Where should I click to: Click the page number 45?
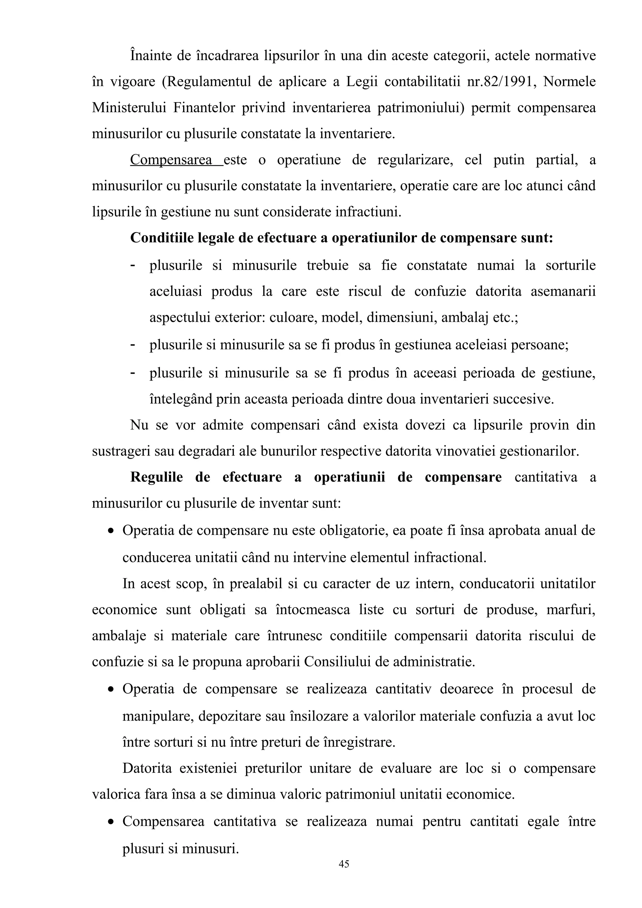(344, 864)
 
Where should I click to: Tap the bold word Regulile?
(156, 477)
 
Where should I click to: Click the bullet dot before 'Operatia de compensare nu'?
(111, 531)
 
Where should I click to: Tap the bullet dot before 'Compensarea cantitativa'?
(111, 822)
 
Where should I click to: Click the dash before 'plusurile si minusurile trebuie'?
(133, 265)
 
